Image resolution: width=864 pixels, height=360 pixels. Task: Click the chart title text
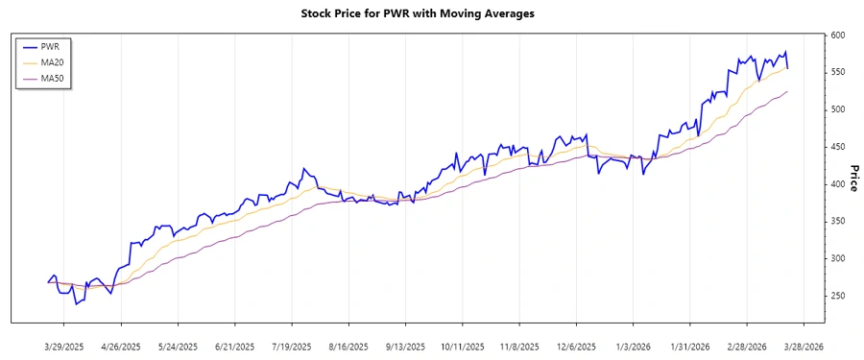click(431, 14)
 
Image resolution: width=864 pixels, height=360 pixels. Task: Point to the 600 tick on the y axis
click(838, 36)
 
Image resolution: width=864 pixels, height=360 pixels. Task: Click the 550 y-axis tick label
click(838, 73)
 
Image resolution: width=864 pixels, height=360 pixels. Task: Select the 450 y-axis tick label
click(838, 147)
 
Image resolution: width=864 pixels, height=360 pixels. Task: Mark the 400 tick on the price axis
click(838, 184)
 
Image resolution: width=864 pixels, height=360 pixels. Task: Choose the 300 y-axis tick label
click(838, 258)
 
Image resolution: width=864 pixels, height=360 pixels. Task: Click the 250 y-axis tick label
click(838, 296)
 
